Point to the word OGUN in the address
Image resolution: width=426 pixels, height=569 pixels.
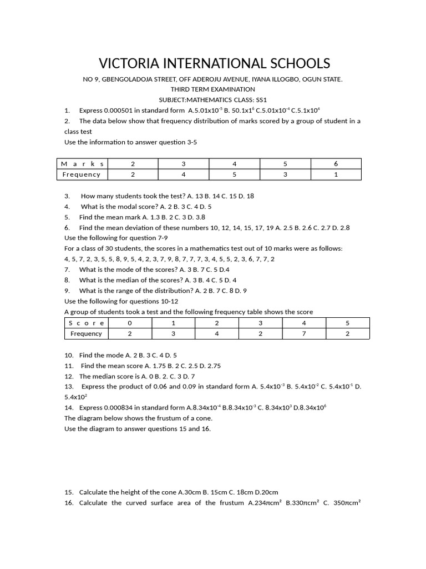[311, 79]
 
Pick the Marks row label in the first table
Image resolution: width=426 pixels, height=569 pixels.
[82, 164]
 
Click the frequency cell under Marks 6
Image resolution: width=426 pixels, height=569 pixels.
[336, 174]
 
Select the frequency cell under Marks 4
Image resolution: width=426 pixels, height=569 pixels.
[235, 174]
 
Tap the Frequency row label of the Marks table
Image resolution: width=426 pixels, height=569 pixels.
[82, 174]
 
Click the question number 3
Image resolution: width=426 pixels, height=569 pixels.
[67, 196]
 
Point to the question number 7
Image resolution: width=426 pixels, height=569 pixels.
[67, 269]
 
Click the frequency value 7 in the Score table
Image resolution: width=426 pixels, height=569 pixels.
[303, 333]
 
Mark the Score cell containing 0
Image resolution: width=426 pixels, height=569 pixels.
[130, 323]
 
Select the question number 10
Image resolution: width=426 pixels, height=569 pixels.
[69, 355]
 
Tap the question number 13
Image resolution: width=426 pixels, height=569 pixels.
[69, 387]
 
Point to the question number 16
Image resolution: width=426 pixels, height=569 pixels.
[69, 503]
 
